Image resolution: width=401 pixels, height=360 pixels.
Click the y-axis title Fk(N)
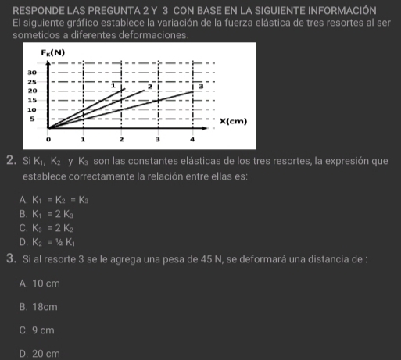53,52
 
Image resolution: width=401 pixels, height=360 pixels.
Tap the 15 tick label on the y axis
33,100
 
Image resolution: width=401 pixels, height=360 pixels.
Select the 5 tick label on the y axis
31,119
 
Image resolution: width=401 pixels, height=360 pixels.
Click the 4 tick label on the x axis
192,139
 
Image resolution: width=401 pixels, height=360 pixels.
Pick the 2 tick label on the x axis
121,139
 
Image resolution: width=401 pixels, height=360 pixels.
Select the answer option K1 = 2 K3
45,213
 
